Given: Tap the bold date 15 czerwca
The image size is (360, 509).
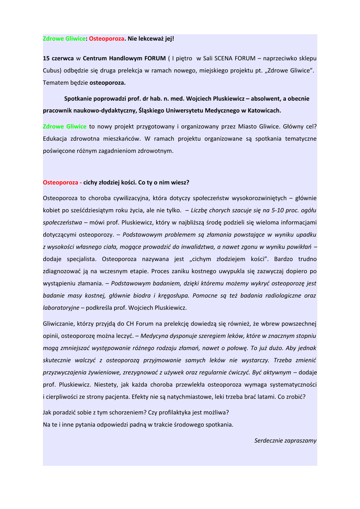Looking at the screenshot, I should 58,58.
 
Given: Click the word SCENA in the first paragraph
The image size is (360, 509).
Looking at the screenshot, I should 227,58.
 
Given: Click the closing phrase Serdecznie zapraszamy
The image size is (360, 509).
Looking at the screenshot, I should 285,440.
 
